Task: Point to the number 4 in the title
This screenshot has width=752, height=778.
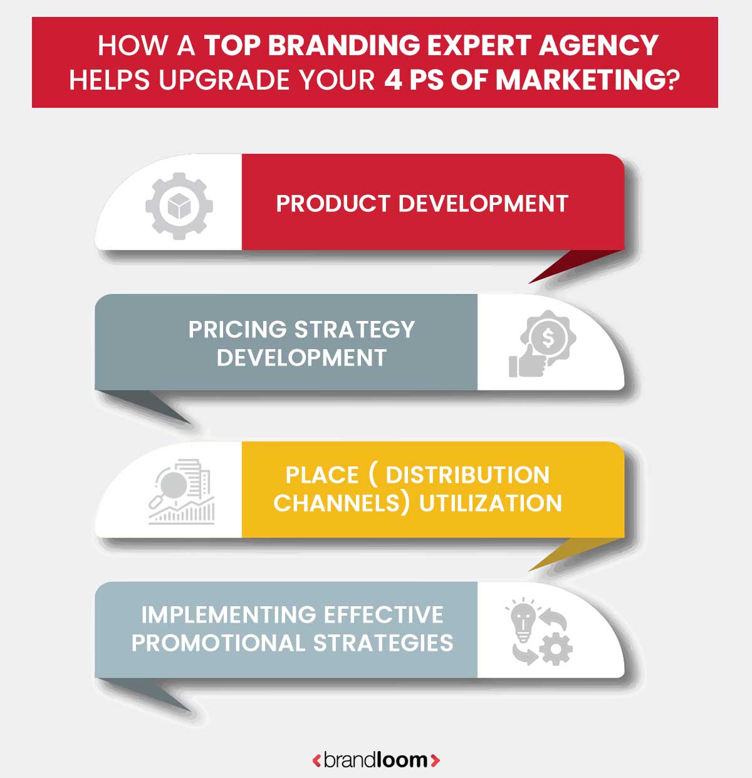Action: coord(392,80)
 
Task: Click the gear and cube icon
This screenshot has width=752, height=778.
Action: coord(179,205)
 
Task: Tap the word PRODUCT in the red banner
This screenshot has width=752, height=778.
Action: coord(333,204)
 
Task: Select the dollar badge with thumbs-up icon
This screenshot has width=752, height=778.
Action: coord(543,344)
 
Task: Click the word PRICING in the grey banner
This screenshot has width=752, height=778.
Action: coord(237,330)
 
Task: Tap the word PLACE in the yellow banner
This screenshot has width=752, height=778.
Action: coord(322,475)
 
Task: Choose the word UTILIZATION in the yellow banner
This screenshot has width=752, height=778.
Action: coord(491,503)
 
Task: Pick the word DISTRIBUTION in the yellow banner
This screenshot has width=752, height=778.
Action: coord(467,475)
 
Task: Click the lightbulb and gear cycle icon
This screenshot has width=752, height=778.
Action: coord(539,632)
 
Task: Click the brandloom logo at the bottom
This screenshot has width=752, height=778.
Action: coord(376,760)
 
